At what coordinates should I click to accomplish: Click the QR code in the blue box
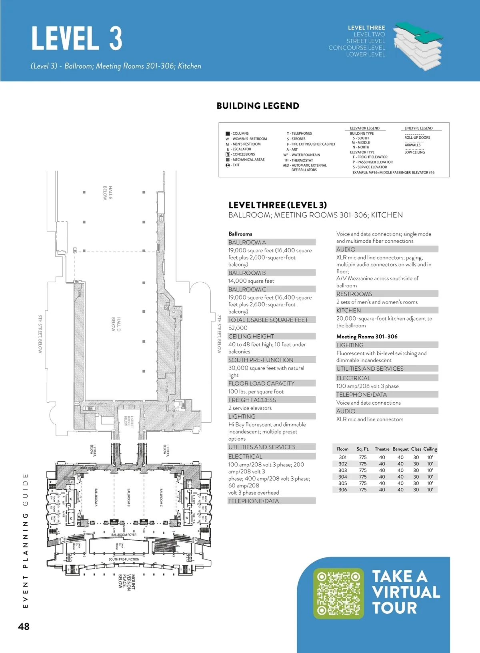pos(338,593)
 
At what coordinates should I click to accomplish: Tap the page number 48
pos(24,627)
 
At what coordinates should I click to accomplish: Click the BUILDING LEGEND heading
pos(258,106)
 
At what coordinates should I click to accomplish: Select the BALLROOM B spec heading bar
pos(272,273)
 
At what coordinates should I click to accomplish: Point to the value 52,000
pos(238,328)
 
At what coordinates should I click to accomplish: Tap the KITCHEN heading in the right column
pos(348,310)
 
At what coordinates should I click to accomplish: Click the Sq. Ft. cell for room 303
pos(363,470)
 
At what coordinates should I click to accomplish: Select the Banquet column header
pos(400,449)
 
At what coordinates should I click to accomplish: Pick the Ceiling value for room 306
pos(430,489)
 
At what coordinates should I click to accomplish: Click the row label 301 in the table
pos(343,457)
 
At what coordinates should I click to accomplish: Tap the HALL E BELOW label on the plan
pos(108,193)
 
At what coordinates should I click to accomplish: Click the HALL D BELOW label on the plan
pos(116,324)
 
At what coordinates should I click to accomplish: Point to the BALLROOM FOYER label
pos(124,535)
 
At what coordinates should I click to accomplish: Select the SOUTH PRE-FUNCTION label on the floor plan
pos(124,559)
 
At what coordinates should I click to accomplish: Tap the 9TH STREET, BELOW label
pos(40,334)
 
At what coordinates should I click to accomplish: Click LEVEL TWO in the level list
pos(369,34)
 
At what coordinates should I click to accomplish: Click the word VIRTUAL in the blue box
pos(406,592)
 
